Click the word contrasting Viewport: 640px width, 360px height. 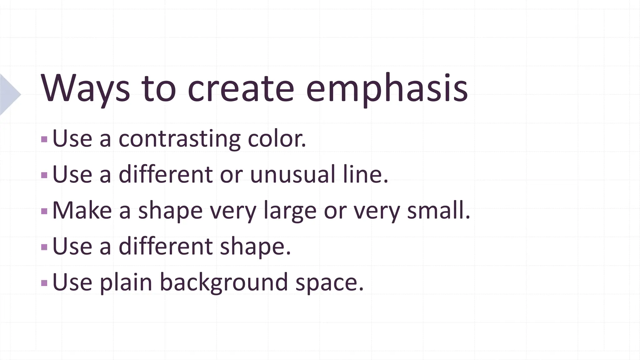[179, 139]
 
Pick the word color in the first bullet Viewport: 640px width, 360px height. [277, 139]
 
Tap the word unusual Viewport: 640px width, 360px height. [292, 174]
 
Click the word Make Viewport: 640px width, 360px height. [82, 210]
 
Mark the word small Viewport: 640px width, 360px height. [438, 210]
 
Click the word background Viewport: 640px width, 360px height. [224, 282]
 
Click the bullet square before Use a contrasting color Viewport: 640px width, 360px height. [44, 139]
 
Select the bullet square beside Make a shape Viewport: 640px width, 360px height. [44, 211]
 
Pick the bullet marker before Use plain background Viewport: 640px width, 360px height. [44, 283]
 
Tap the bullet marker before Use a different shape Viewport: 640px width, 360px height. [44, 247]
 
